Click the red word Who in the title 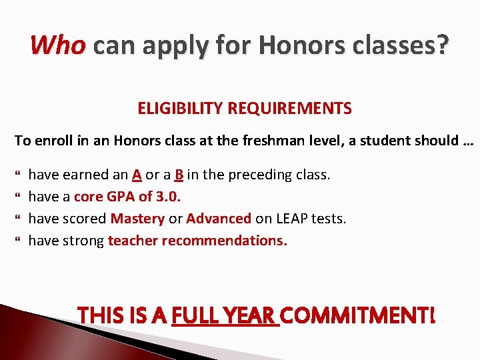click(58, 45)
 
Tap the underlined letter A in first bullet click(136, 175)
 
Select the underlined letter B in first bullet click(179, 175)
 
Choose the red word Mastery click(137, 219)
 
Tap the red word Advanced click(219, 219)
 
